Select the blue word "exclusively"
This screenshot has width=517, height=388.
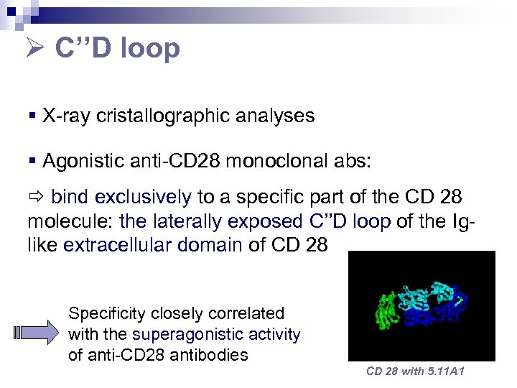[143, 197]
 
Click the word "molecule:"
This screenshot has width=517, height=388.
[70, 221]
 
